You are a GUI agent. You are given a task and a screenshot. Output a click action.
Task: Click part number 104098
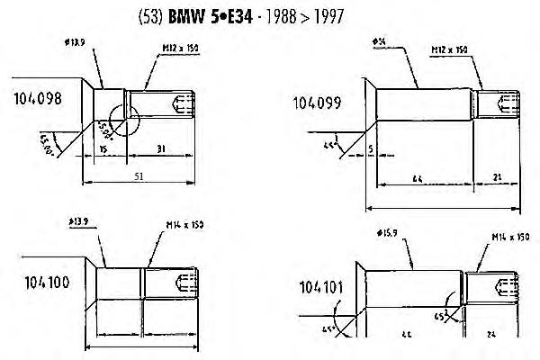(x=38, y=100)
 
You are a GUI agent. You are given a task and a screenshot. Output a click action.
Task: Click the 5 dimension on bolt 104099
(x=370, y=148)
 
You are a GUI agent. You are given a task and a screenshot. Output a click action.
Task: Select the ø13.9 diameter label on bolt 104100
(x=80, y=219)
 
